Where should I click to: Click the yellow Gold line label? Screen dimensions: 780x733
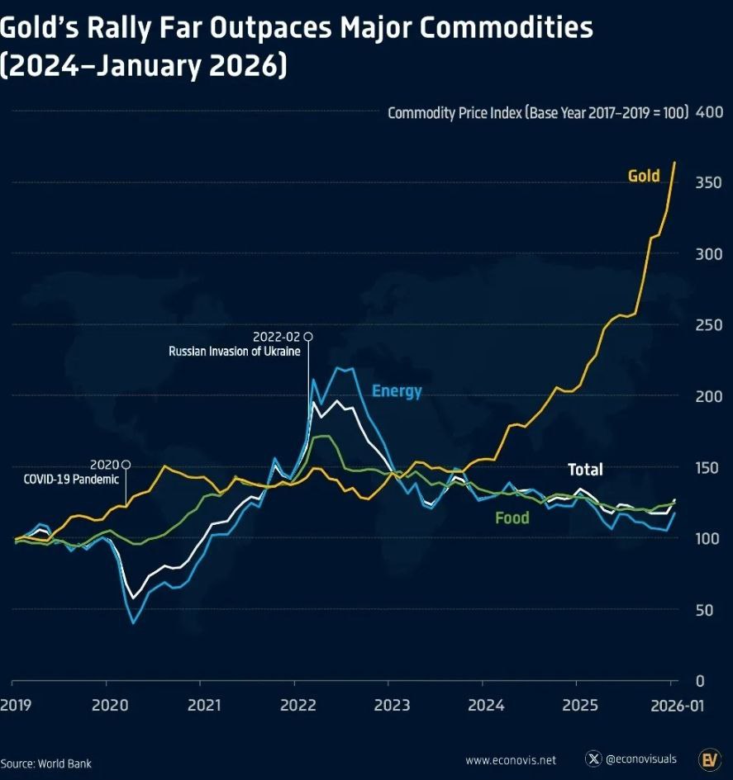(644, 176)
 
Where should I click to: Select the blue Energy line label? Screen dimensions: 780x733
(397, 391)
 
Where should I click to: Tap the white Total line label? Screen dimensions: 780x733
(585, 470)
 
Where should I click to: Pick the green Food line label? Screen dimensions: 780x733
(512, 518)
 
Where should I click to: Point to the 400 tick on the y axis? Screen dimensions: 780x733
(711, 112)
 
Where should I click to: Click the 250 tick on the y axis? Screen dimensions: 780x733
(711, 325)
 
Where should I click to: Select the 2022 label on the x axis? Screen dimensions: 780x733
(297, 706)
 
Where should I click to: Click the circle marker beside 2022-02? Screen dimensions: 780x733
(308, 336)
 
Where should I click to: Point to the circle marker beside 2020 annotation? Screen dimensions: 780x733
(126, 464)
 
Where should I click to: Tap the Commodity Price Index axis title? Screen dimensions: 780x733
(538, 113)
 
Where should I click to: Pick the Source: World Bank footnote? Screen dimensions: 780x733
(46, 763)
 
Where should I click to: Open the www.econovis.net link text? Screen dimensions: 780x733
(511, 760)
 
